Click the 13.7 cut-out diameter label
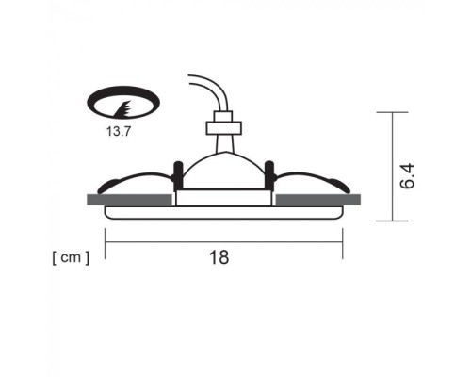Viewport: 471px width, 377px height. point(119,134)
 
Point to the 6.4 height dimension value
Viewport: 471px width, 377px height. point(408,175)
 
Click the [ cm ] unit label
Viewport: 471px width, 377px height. point(71,256)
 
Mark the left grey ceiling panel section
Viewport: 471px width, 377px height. point(129,199)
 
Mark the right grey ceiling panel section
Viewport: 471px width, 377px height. point(317,199)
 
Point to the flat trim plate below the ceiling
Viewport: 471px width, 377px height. point(223,213)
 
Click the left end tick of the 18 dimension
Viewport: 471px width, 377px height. point(105,242)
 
